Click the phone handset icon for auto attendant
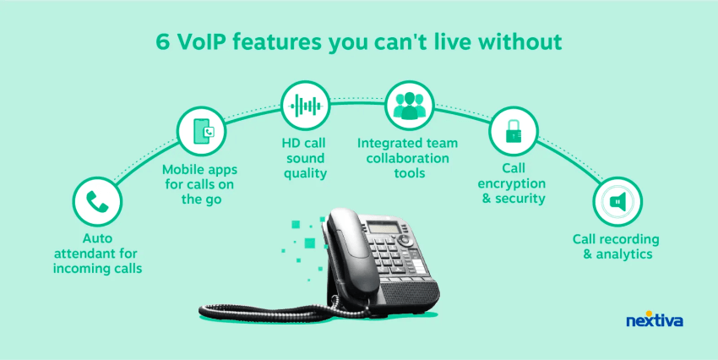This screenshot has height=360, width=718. coord(97,201)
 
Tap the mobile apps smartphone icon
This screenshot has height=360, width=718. coord(202,132)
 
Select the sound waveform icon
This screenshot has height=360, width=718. coord(306,106)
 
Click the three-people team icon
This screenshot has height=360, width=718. coord(410,106)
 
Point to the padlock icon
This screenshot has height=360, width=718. coord(514,132)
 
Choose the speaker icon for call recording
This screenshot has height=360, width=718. coord(617,201)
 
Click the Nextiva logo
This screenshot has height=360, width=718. coord(655,319)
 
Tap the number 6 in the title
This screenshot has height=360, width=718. coord(162,42)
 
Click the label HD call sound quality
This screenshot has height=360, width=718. coord(305,158)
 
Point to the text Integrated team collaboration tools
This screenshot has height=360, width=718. coord(407,158)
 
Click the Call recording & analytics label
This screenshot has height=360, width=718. coord(616,247)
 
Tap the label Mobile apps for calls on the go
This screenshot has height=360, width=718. coord(200,184)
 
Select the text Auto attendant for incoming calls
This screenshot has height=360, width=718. coord(97,254)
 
